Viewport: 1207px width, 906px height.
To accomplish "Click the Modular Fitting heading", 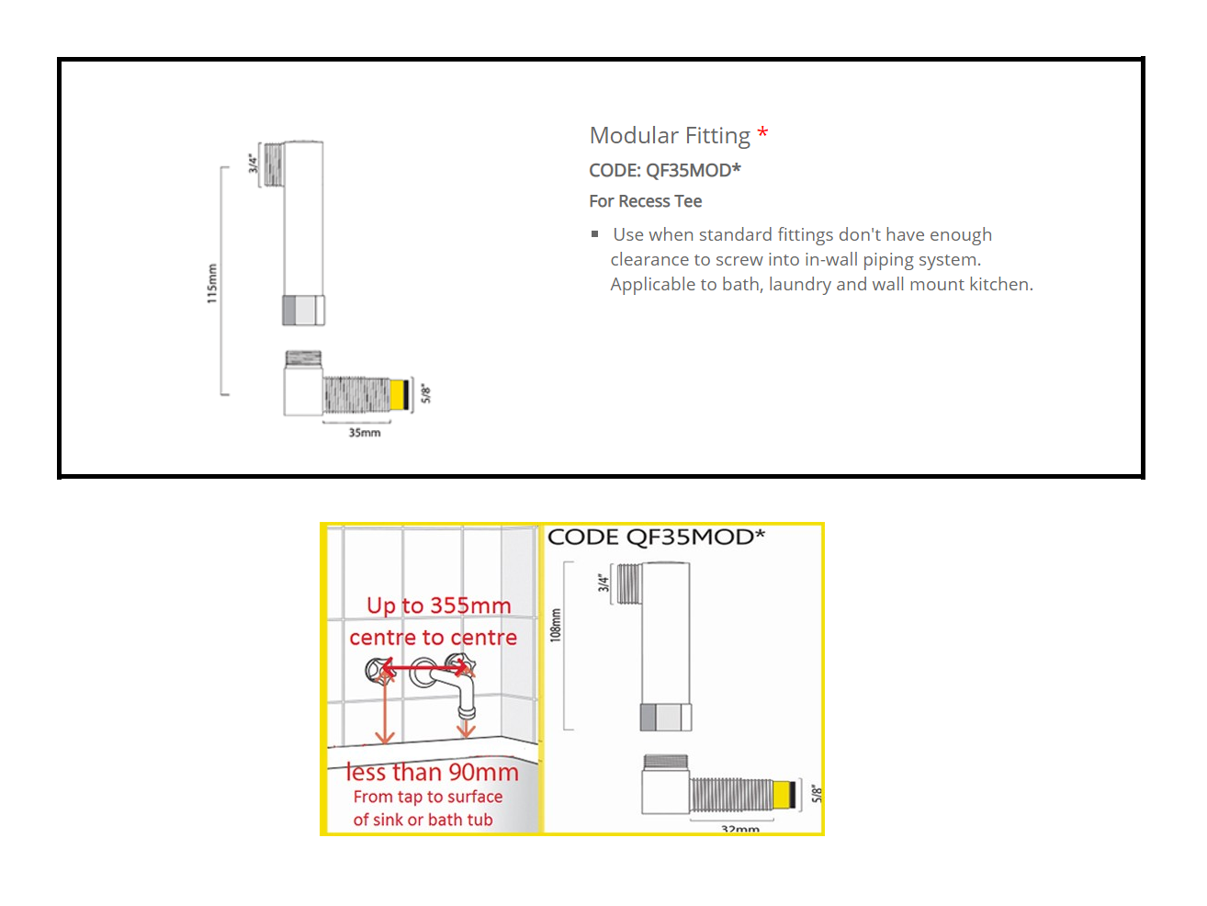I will click(670, 136).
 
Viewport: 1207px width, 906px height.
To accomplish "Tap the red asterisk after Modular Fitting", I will click(762, 133).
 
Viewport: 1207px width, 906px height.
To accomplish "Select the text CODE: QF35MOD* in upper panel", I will click(664, 170).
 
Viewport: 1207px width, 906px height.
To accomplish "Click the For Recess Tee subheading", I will click(645, 201).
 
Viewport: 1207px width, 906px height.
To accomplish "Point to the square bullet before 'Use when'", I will click(595, 234).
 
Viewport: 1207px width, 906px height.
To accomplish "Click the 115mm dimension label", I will click(212, 283).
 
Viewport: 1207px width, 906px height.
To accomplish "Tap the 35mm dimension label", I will click(364, 433).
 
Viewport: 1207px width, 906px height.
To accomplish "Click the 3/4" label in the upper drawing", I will click(254, 164).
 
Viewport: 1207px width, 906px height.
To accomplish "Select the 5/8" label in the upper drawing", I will click(425, 394).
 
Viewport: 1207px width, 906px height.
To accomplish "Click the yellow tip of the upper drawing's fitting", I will click(398, 394).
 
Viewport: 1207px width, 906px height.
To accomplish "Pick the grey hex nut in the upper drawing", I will click(303, 311).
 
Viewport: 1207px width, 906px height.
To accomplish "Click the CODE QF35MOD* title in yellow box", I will click(656, 538).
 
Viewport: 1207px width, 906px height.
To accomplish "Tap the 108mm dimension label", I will click(555, 625).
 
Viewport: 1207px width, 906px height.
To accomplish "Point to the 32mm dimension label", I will click(739, 828).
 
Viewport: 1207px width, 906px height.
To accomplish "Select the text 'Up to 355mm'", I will click(438, 606).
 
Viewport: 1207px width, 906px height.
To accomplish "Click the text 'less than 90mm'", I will click(432, 773).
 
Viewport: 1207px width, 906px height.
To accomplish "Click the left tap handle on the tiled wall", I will click(379, 670).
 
